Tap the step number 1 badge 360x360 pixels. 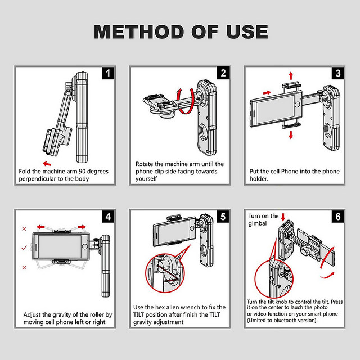coord(109,73)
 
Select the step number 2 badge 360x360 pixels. coord(223,73)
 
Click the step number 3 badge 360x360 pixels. coord(337,73)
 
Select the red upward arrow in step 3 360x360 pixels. coord(291,76)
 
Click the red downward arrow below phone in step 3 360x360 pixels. coord(291,135)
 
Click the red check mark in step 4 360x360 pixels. coord(24,248)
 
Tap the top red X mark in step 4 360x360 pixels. coord(24,229)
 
